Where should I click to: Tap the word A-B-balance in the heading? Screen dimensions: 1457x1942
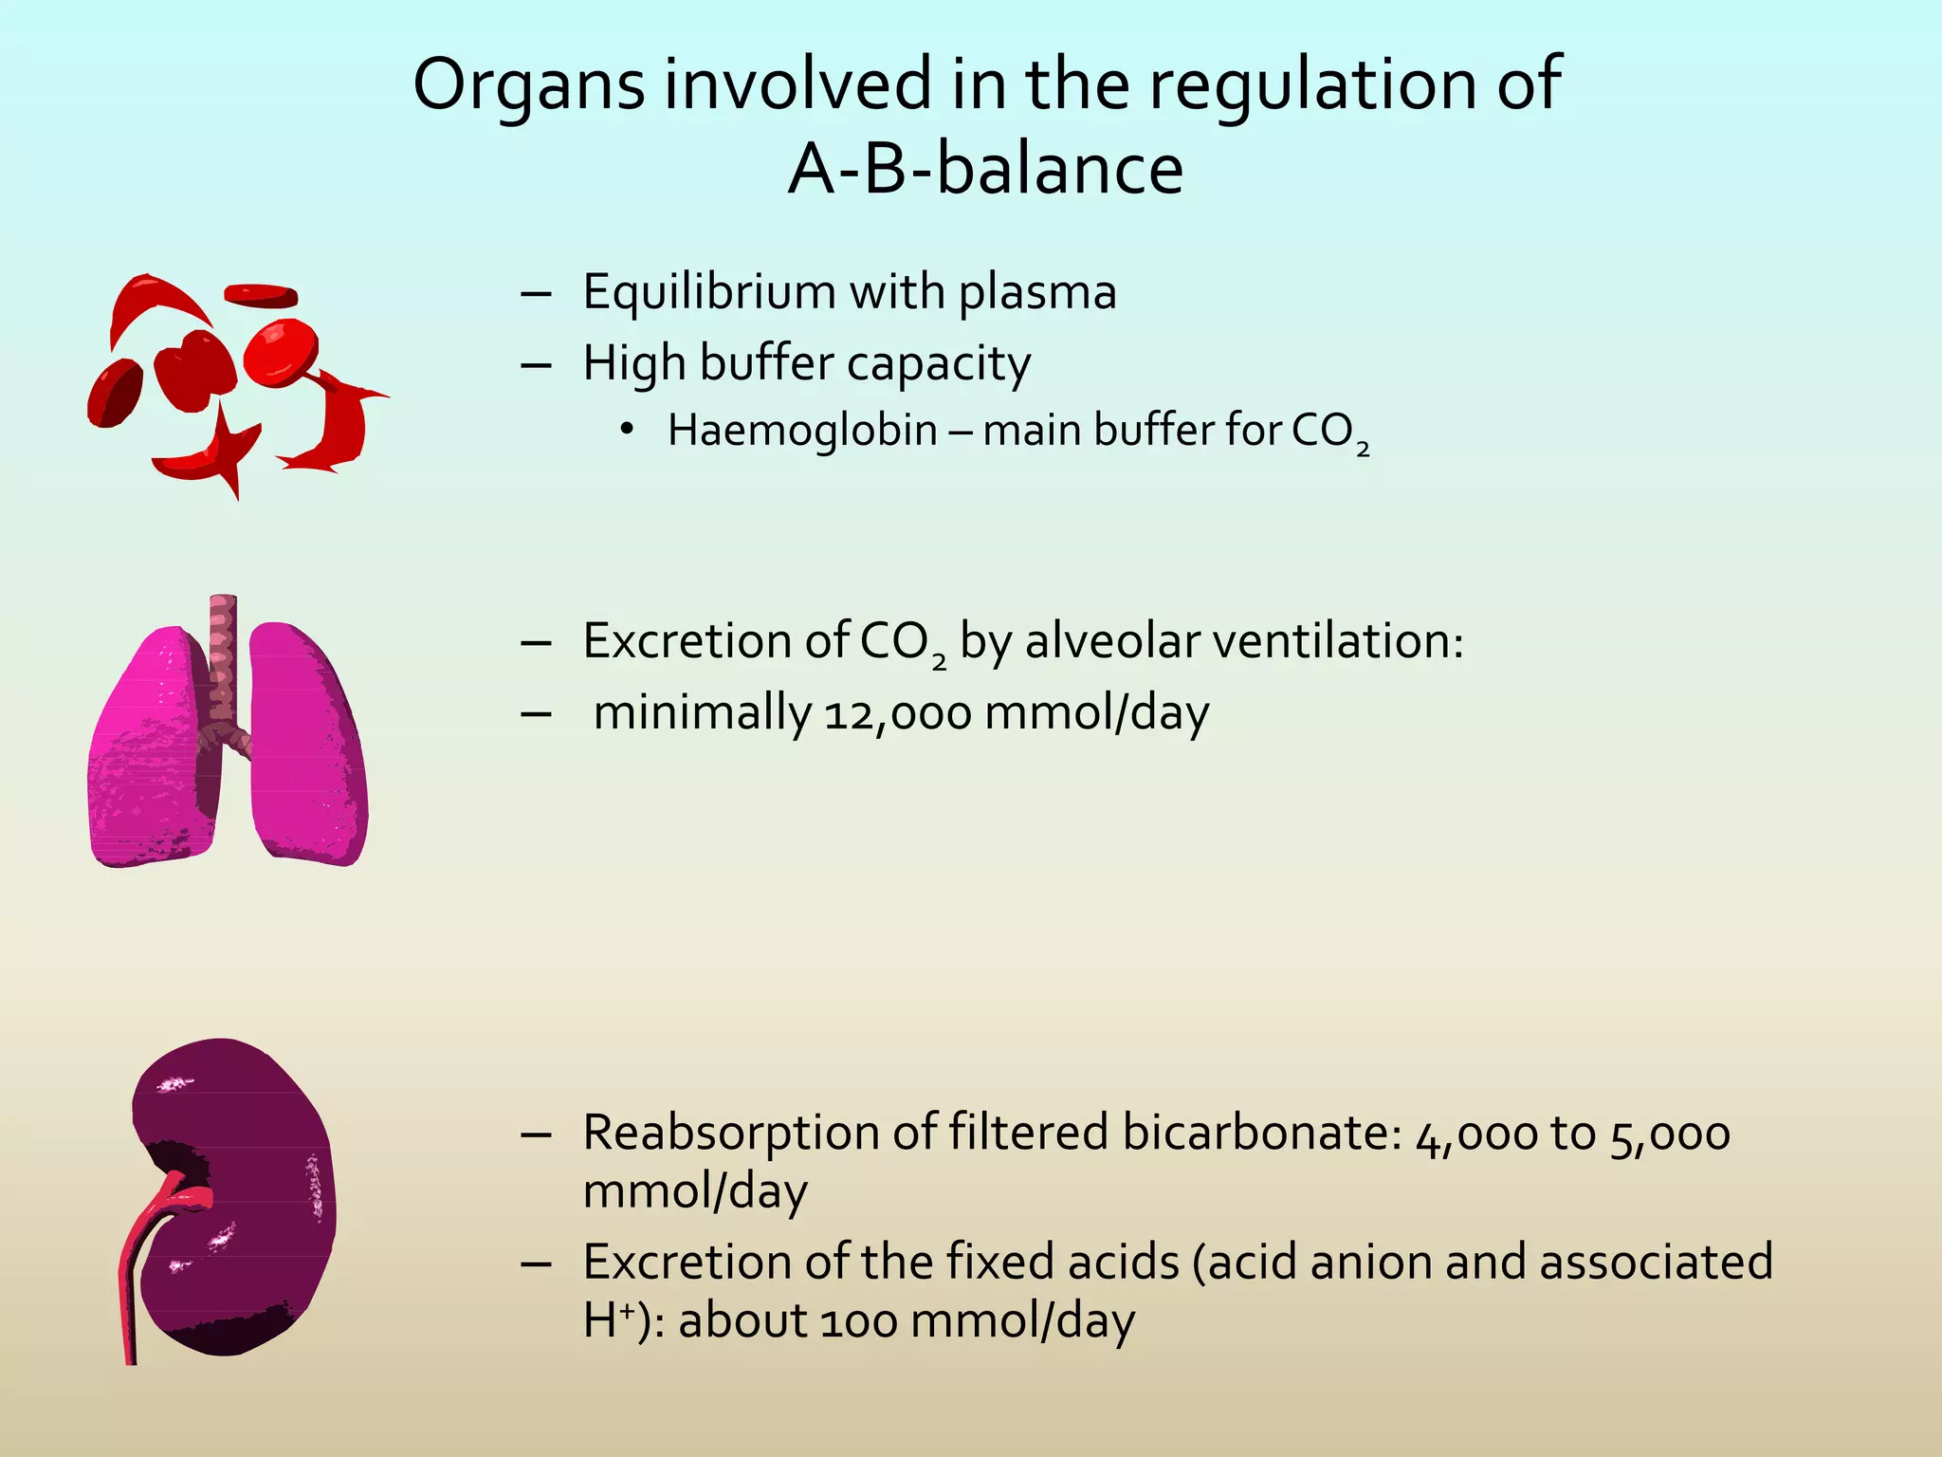[x=985, y=171]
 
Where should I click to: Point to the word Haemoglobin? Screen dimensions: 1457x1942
[x=802, y=431]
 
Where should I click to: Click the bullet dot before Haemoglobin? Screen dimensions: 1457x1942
[x=626, y=431]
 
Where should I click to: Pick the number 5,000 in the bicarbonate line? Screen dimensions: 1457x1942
[x=1670, y=1134]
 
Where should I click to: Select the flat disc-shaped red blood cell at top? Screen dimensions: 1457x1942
[x=261, y=295]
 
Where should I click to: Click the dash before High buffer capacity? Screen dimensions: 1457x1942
[x=537, y=364]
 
